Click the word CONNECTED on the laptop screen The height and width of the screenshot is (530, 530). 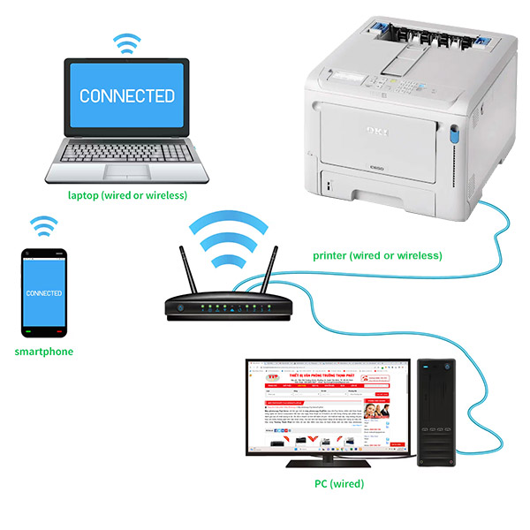click(126, 95)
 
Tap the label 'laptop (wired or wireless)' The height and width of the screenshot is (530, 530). click(127, 195)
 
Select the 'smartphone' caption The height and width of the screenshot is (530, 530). click(44, 352)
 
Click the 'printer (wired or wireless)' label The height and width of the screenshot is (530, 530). click(377, 255)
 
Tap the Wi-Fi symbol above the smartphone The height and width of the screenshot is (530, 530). click(43, 226)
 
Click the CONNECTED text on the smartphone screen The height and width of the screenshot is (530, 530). click(44, 292)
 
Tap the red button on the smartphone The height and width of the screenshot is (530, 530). click(59, 332)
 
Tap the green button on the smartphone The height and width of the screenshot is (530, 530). click(28, 332)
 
